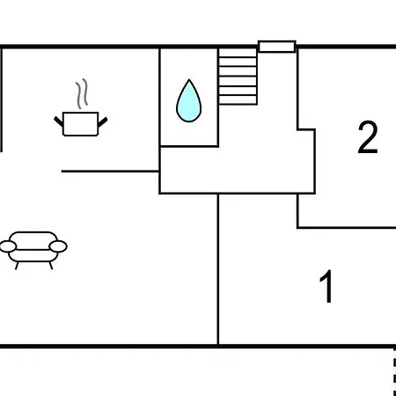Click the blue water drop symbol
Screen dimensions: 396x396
(x=189, y=101)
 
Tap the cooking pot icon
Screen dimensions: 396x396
(x=81, y=124)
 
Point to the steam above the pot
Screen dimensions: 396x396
(x=82, y=93)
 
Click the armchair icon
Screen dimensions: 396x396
(x=33, y=250)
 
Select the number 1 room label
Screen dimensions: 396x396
(x=326, y=286)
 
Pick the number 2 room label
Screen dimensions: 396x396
(x=368, y=137)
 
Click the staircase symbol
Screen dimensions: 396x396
(x=238, y=77)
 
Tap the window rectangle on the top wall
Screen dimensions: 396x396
(x=277, y=47)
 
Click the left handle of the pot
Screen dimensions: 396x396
(x=59, y=121)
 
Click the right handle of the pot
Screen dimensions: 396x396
(x=103, y=121)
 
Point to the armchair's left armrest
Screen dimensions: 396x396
(x=8, y=246)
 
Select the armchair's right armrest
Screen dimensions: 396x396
(x=58, y=246)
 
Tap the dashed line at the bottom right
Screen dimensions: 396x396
(x=394, y=372)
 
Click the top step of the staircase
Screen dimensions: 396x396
(x=238, y=53)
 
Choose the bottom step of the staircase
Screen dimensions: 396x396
(x=238, y=100)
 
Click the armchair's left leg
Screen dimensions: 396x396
(x=17, y=266)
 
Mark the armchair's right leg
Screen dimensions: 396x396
(x=51, y=266)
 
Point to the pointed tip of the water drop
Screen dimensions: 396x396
(x=189, y=79)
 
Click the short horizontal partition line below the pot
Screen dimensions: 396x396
(x=110, y=171)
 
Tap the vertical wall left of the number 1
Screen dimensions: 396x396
(x=218, y=269)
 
